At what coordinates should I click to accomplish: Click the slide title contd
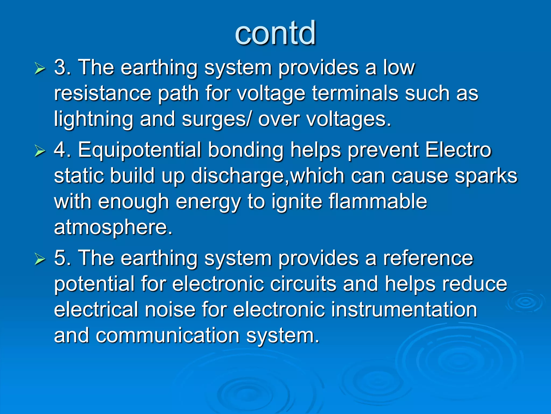coord(275,33)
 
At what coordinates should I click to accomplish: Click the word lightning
coord(93,119)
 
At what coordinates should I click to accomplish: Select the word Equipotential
coord(139,150)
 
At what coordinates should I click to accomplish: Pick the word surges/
coord(217,119)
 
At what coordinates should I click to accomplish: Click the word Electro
coord(458,150)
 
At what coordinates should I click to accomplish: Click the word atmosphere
coord(113,227)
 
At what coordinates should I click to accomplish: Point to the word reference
coord(428,258)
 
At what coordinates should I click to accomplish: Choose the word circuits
coord(303,284)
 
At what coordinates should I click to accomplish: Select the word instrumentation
coord(404,309)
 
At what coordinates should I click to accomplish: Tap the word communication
coord(168,335)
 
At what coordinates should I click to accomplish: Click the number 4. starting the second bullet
coord(62,150)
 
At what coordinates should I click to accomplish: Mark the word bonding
coord(246,150)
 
